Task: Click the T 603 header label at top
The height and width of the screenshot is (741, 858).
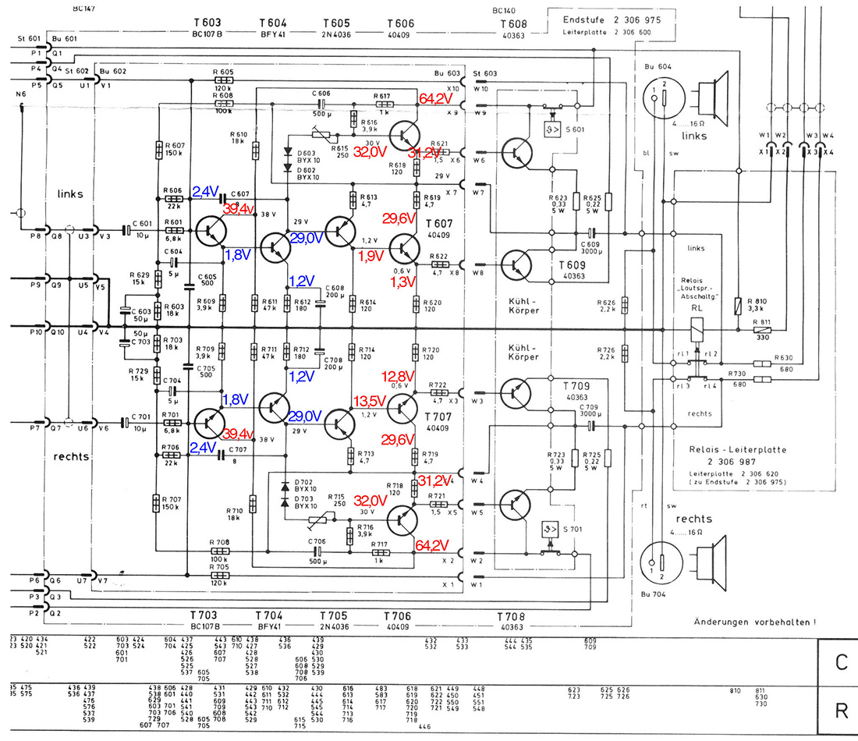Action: [207, 24]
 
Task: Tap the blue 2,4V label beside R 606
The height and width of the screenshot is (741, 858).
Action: [207, 191]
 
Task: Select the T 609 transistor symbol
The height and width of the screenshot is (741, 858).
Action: [517, 265]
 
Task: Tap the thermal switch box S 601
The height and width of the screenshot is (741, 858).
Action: [555, 128]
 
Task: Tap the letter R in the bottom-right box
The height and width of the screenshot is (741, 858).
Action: [841, 711]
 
